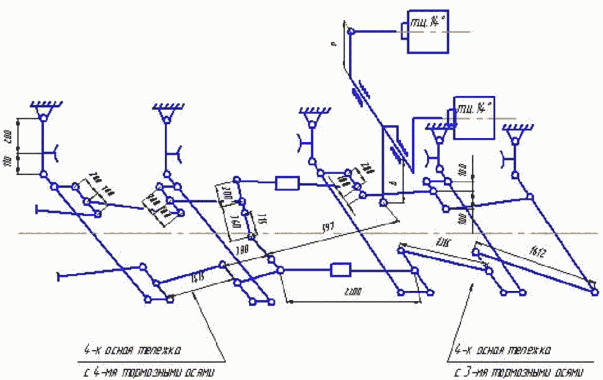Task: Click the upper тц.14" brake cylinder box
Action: click(428, 32)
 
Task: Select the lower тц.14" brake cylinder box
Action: click(474, 117)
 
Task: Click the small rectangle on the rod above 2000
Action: click(340, 270)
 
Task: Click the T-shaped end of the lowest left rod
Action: click(58, 275)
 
